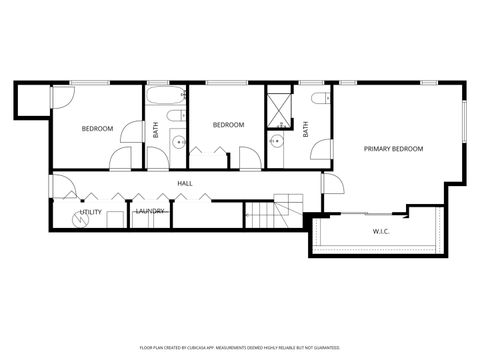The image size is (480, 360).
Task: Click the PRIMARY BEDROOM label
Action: coord(393,149)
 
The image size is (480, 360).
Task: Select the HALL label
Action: coord(185,183)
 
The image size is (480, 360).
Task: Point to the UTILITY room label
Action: coord(91,211)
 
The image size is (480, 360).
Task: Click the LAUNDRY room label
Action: coord(150,211)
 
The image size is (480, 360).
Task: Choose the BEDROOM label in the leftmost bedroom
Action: coord(97,128)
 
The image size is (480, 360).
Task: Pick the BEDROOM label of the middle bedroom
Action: coord(229,125)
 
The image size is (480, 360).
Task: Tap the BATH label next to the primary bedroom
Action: coord(305,129)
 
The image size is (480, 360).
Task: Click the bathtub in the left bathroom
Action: coord(166,97)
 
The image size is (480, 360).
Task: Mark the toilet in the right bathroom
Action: coord(319,99)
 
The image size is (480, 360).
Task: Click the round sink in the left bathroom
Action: coord(177,143)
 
